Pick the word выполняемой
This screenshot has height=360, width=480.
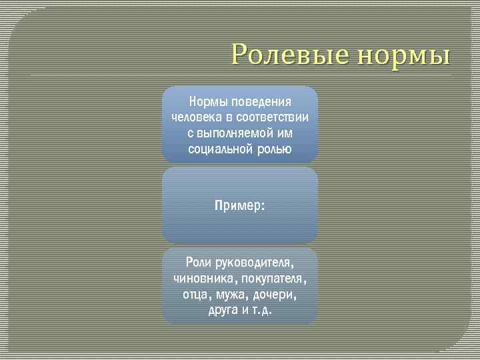234,133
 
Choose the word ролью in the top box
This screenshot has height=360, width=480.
273,148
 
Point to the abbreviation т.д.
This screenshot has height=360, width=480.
261,309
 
